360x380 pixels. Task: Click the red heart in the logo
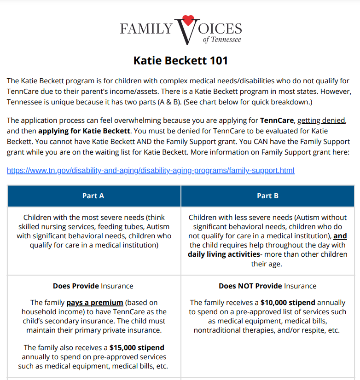coord(187,21)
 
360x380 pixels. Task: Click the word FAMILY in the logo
coord(146,29)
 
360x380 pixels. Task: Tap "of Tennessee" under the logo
coord(222,40)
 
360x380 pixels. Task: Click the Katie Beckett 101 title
coord(180,61)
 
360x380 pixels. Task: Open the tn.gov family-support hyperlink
coord(151,171)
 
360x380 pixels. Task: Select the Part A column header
coord(93,196)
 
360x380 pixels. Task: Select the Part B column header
coord(267,196)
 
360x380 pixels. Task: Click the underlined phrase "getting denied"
coord(321,121)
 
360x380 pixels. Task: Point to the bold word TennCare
coord(277,121)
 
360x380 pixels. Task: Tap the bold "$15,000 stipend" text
coord(137,347)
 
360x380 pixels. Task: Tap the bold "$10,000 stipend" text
coord(288,303)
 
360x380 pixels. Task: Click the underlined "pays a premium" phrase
coord(95,303)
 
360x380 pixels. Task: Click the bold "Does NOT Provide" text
coord(250,286)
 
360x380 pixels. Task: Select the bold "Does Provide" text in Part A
coord(76,286)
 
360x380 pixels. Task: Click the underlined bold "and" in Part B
coord(340,236)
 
